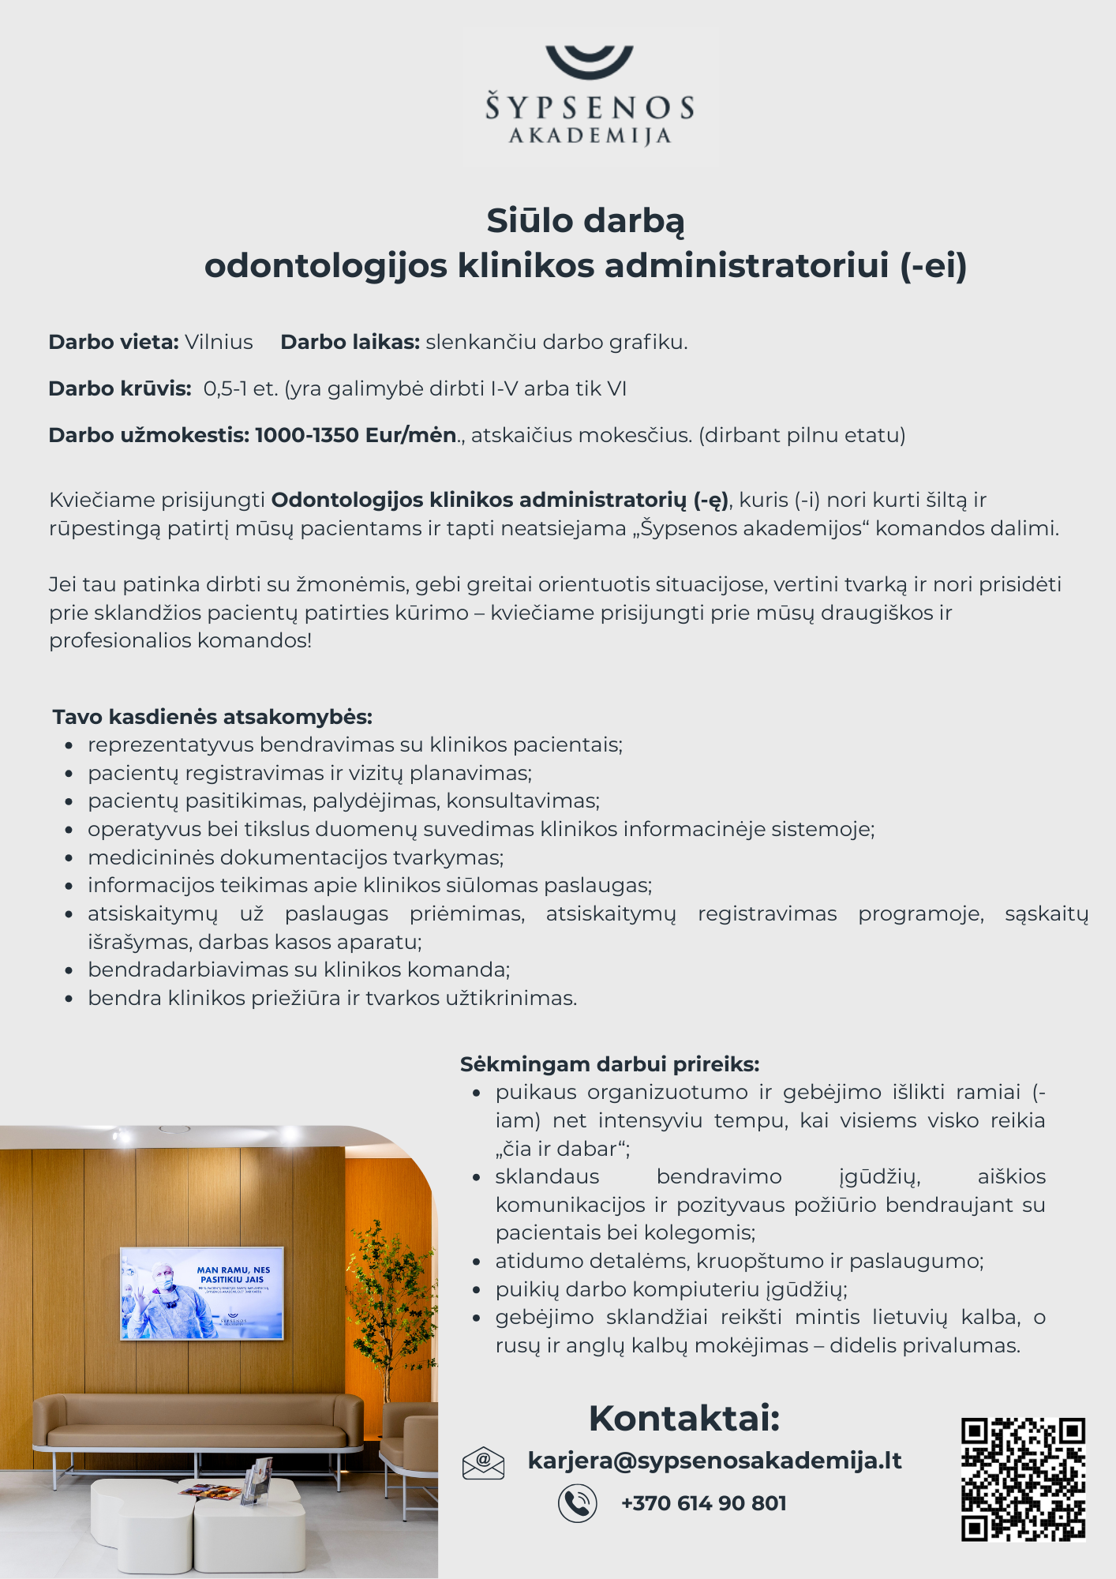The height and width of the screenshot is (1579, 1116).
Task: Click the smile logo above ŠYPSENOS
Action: [589, 61]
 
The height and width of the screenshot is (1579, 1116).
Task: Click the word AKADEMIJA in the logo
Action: [590, 137]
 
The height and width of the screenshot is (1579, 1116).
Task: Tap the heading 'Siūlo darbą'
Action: [585, 221]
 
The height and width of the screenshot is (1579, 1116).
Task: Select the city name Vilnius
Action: [219, 342]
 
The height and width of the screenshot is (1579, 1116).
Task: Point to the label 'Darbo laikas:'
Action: [350, 342]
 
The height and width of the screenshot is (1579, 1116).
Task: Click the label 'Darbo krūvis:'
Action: [120, 388]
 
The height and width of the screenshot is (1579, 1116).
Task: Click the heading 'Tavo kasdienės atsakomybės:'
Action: [212, 717]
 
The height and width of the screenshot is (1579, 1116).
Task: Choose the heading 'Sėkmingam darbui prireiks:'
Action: [609, 1064]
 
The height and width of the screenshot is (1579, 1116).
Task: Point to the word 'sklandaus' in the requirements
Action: [547, 1176]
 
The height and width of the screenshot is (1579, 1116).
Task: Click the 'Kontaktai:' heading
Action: [684, 1418]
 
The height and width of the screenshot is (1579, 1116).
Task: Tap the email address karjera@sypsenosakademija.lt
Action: [714, 1461]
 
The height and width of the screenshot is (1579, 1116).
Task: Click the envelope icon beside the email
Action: [483, 1463]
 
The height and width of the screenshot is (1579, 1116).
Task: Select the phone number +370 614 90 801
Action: [703, 1503]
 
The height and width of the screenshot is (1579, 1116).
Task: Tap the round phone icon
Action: [578, 1503]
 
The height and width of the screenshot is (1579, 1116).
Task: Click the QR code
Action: [1023, 1479]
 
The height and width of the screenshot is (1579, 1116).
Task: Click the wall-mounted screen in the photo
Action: [201, 1293]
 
